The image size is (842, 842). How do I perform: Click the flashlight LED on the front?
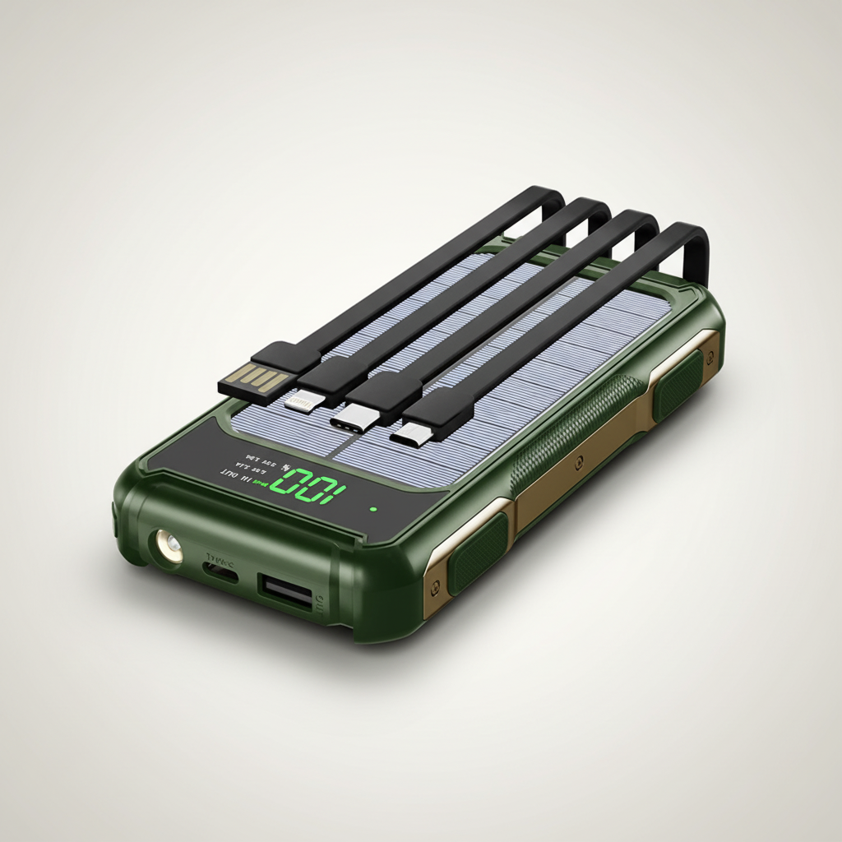click(x=169, y=546)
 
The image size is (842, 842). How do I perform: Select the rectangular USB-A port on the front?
click(x=286, y=591)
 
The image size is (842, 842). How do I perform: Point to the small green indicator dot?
click(x=373, y=509)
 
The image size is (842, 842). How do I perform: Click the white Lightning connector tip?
click(x=299, y=403)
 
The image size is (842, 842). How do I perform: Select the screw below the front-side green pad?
click(x=435, y=585)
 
